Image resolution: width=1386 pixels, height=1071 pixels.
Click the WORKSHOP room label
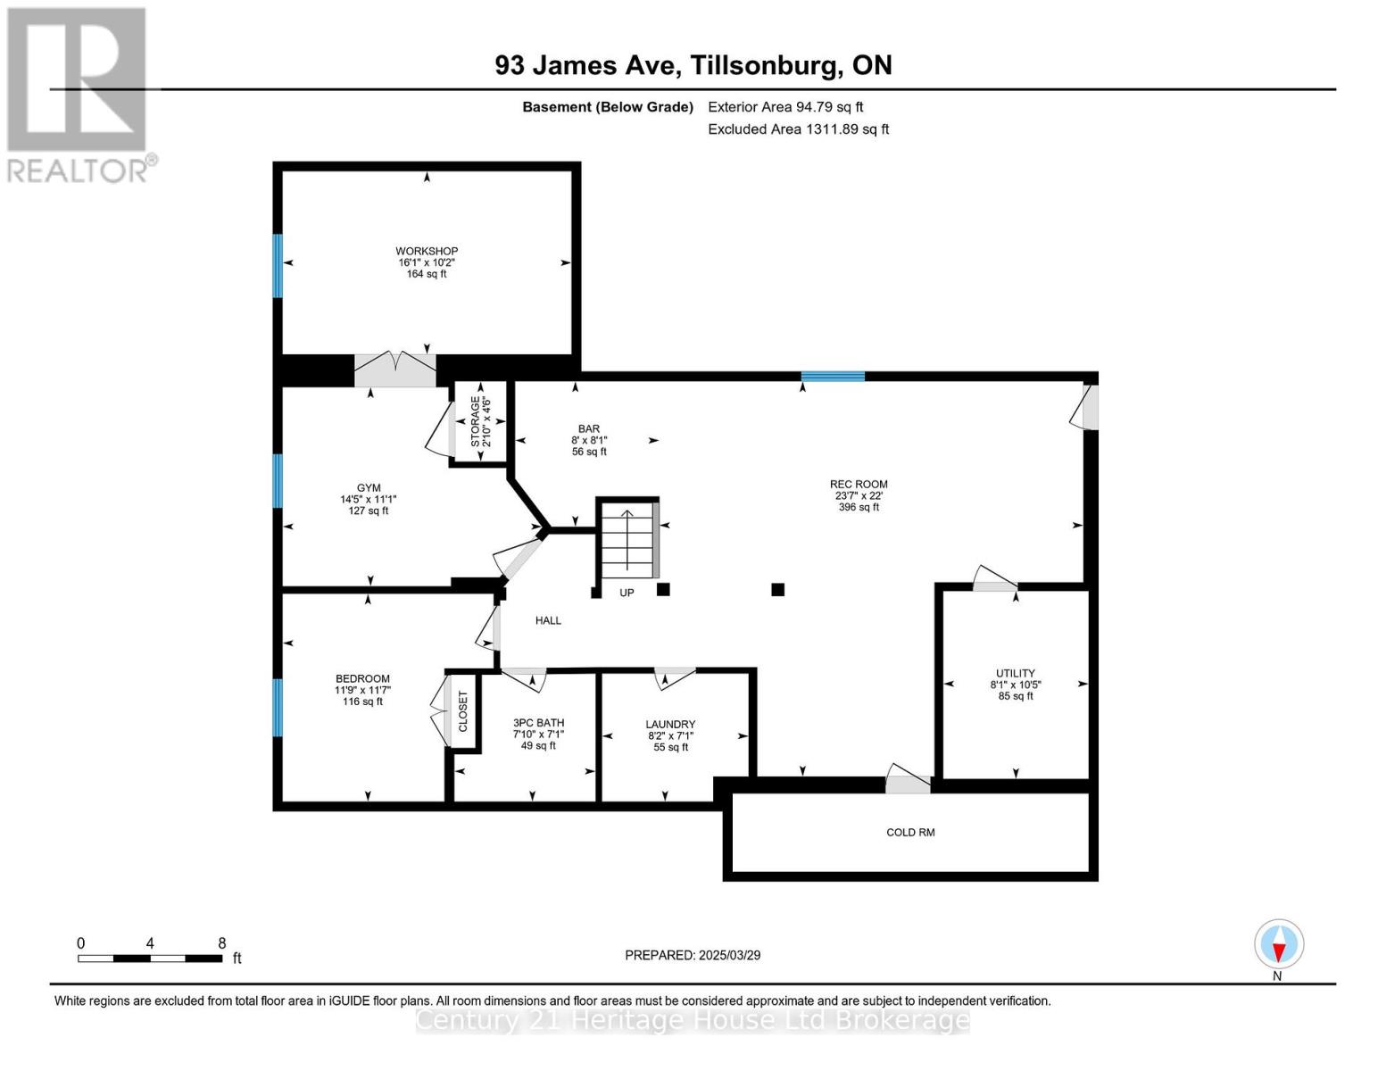(x=427, y=252)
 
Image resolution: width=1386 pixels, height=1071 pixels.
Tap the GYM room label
(x=369, y=488)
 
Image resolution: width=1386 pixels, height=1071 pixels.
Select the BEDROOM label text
(x=362, y=679)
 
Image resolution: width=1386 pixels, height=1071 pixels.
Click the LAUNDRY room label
(x=670, y=725)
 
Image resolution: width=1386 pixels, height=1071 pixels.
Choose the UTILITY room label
(x=1016, y=674)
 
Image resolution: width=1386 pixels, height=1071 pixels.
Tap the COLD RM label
(x=910, y=833)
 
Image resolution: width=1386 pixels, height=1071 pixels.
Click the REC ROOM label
(x=859, y=485)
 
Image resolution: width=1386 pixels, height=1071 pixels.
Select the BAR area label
(x=588, y=429)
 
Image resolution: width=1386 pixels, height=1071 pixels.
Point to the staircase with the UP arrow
(x=627, y=543)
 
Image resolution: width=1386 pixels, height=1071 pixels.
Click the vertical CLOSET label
(x=463, y=711)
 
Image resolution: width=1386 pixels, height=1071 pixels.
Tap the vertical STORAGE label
(x=475, y=421)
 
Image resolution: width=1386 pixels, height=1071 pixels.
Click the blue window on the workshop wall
(x=278, y=265)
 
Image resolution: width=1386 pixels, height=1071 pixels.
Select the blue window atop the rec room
(x=833, y=376)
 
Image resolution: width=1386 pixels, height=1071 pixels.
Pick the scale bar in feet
(x=150, y=959)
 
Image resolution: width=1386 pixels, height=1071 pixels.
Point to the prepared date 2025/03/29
(x=693, y=955)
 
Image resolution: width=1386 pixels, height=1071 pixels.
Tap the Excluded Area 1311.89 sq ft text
(x=798, y=129)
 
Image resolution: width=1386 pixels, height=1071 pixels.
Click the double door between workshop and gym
(x=395, y=369)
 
